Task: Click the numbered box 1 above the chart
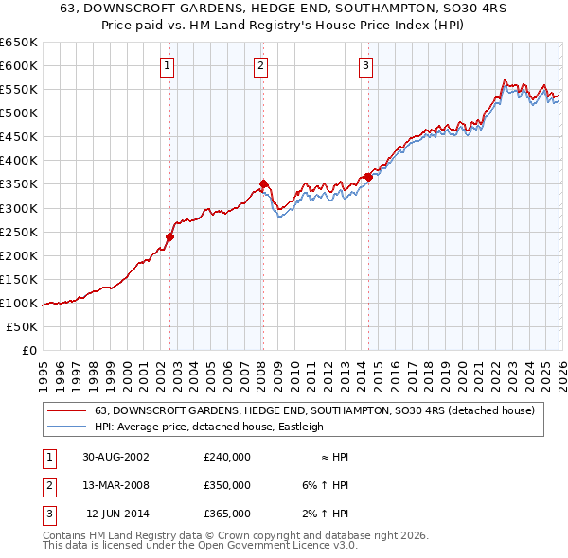pyautogui.click(x=167, y=66)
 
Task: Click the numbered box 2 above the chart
pyautogui.click(x=260, y=66)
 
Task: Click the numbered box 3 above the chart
pyautogui.click(x=365, y=66)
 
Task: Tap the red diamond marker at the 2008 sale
pyautogui.click(x=264, y=183)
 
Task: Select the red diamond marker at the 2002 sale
pyautogui.click(x=171, y=236)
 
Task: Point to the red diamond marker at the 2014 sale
pyautogui.click(x=367, y=177)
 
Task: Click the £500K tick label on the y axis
pyautogui.click(x=19, y=113)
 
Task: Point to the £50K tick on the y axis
pyautogui.click(x=23, y=326)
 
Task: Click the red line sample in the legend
pyautogui.click(x=66, y=411)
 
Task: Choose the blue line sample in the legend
pyautogui.click(x=66, y=427)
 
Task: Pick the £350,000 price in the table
pyautogui.click(x=227, y=485)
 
